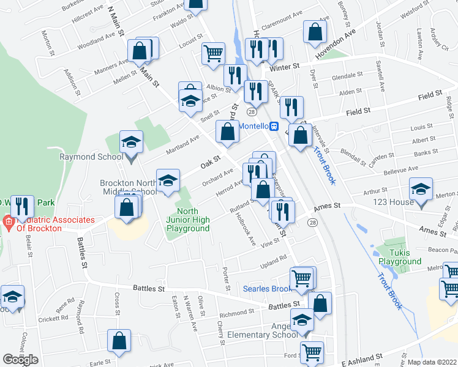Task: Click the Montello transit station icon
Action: [275, 126]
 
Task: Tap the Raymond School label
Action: [86, 157]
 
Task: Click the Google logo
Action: [20, 360]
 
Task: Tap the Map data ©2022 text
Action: [432, 362]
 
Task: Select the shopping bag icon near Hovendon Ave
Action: [314, 34]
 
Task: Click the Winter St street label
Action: [287, 66]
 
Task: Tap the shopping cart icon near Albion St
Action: [212, 53]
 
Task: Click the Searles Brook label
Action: [268, 288]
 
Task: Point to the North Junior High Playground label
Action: [188, 224]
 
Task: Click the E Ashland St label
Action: [358, 355]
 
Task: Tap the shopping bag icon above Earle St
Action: [119, 341]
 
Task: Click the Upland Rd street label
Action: [274, 259]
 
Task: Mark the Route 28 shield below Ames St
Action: [313, 225]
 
